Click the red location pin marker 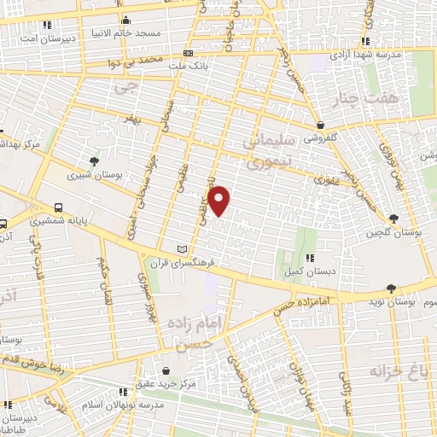click(220, 201)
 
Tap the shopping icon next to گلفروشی click(320, 125)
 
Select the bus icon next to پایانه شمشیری click(59, 207)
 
